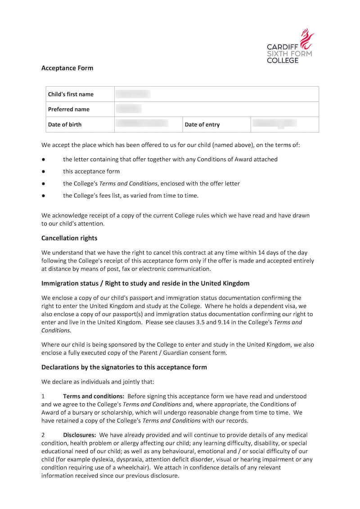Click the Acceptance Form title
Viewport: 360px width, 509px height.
tap(67, 68)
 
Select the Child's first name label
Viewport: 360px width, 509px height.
tap(71, 94)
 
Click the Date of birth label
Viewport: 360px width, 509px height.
tap(65, 125)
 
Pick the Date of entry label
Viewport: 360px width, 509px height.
tap(202, 125)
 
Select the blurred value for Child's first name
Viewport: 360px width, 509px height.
tap(133, 94)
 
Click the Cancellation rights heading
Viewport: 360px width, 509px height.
tap(69, 238)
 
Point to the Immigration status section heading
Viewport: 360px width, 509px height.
tap(145, 283)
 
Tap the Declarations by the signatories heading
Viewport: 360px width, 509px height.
tap(124, 367)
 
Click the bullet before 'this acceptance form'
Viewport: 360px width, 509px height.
tap(43, 171)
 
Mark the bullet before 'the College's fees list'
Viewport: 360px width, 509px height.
tap(43, 196)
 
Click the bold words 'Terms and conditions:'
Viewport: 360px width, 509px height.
tap(94, 396)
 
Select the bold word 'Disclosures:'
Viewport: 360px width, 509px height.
tap(80, 435)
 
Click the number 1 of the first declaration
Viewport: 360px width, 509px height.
tap(43, 396)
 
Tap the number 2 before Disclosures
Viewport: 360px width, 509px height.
tap(43, 435)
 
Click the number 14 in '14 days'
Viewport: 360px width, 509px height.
tap(253, 253)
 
